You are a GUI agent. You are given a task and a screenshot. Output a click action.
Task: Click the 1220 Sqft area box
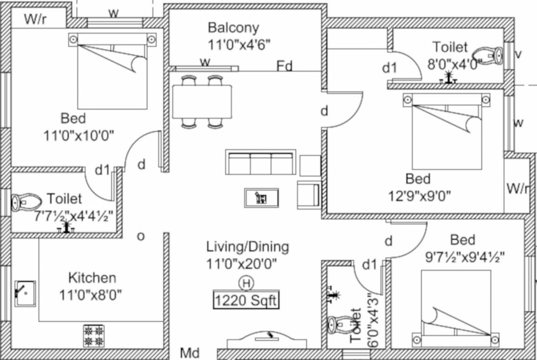coord(246,300)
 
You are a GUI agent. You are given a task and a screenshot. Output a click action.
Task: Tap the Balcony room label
coord(233,28)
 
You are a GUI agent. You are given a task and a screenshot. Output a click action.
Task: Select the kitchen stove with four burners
coord(94,336)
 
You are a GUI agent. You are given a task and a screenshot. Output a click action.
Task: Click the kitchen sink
coord(25,293)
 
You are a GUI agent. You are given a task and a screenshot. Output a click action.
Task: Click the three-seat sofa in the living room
coord(261,163)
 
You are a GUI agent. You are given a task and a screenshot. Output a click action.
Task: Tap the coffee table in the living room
coord(261,197)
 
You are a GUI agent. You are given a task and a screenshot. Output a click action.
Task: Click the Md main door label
coord(190,353)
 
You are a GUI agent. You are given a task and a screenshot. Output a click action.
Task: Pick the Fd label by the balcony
coord(284,66)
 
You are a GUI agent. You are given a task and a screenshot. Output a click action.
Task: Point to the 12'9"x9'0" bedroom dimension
coord(419,196)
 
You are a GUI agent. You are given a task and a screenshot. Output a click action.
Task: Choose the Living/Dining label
coord(247,247)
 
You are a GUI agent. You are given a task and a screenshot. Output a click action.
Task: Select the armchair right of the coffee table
coord(309,195)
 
